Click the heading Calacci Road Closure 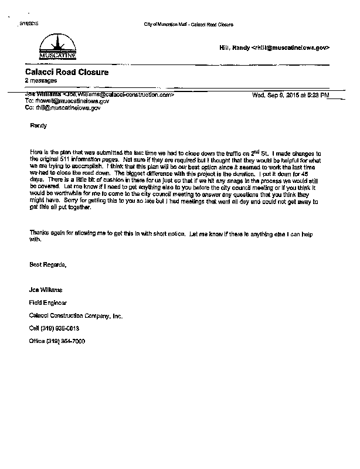coord(66,72)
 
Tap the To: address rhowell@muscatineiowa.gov coord(67,101)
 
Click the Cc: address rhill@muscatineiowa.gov coord(63,108)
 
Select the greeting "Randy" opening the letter coord(38,125)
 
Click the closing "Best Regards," coord(48,265)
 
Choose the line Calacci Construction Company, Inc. coord(76,315)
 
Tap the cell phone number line coord(55,328)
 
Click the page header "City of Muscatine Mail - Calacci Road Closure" coord(188,25)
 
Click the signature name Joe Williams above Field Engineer coord(46,290)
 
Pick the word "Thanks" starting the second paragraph coord(39,233)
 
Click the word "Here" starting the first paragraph coord(36,152)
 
